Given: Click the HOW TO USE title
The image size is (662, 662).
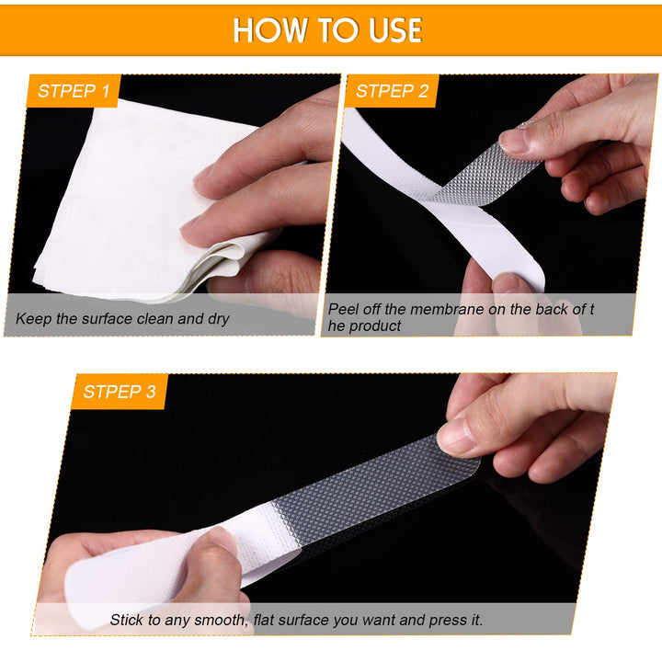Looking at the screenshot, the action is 327,30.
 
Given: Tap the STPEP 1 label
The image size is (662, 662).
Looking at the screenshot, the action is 74,91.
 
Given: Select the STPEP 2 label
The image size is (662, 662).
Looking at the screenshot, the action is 392,91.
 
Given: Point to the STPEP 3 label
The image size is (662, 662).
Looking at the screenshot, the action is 120,392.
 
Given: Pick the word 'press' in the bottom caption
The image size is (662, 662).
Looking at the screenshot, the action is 448,621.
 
